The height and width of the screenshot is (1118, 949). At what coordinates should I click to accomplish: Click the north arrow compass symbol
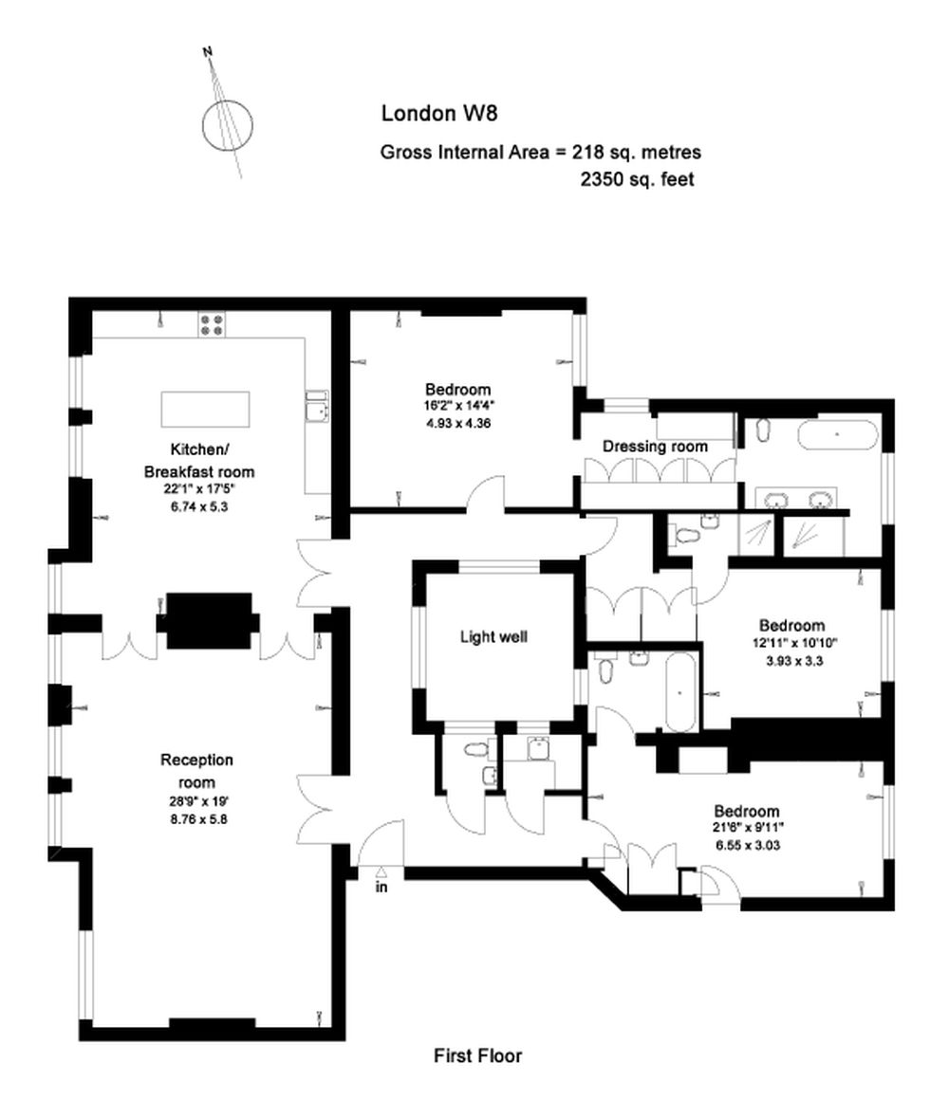(228, 123)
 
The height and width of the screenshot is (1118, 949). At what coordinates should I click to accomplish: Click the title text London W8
(438, 113)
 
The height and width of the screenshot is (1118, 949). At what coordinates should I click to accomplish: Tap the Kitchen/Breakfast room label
(199, 459)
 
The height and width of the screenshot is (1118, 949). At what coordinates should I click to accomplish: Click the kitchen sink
(316, 410)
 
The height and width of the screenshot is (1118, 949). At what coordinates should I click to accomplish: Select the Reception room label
(196, 771)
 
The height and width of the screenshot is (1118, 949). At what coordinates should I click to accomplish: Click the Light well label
(493, 637)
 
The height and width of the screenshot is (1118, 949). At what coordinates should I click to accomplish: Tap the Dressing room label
(655, 446)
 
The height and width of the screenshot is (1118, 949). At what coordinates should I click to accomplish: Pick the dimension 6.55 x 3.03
(747, 847)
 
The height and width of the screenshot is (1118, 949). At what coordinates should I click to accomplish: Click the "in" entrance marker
(381, 888)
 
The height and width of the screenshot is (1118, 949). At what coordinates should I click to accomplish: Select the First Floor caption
(477, 1055)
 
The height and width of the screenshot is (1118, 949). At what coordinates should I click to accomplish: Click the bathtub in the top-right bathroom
(838, 435)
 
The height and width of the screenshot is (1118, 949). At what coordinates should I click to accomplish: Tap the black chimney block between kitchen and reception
(209, 620)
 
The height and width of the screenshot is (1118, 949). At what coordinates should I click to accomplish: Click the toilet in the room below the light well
(474, 750)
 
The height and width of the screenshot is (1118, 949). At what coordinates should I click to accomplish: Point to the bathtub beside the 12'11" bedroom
(681, 690)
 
